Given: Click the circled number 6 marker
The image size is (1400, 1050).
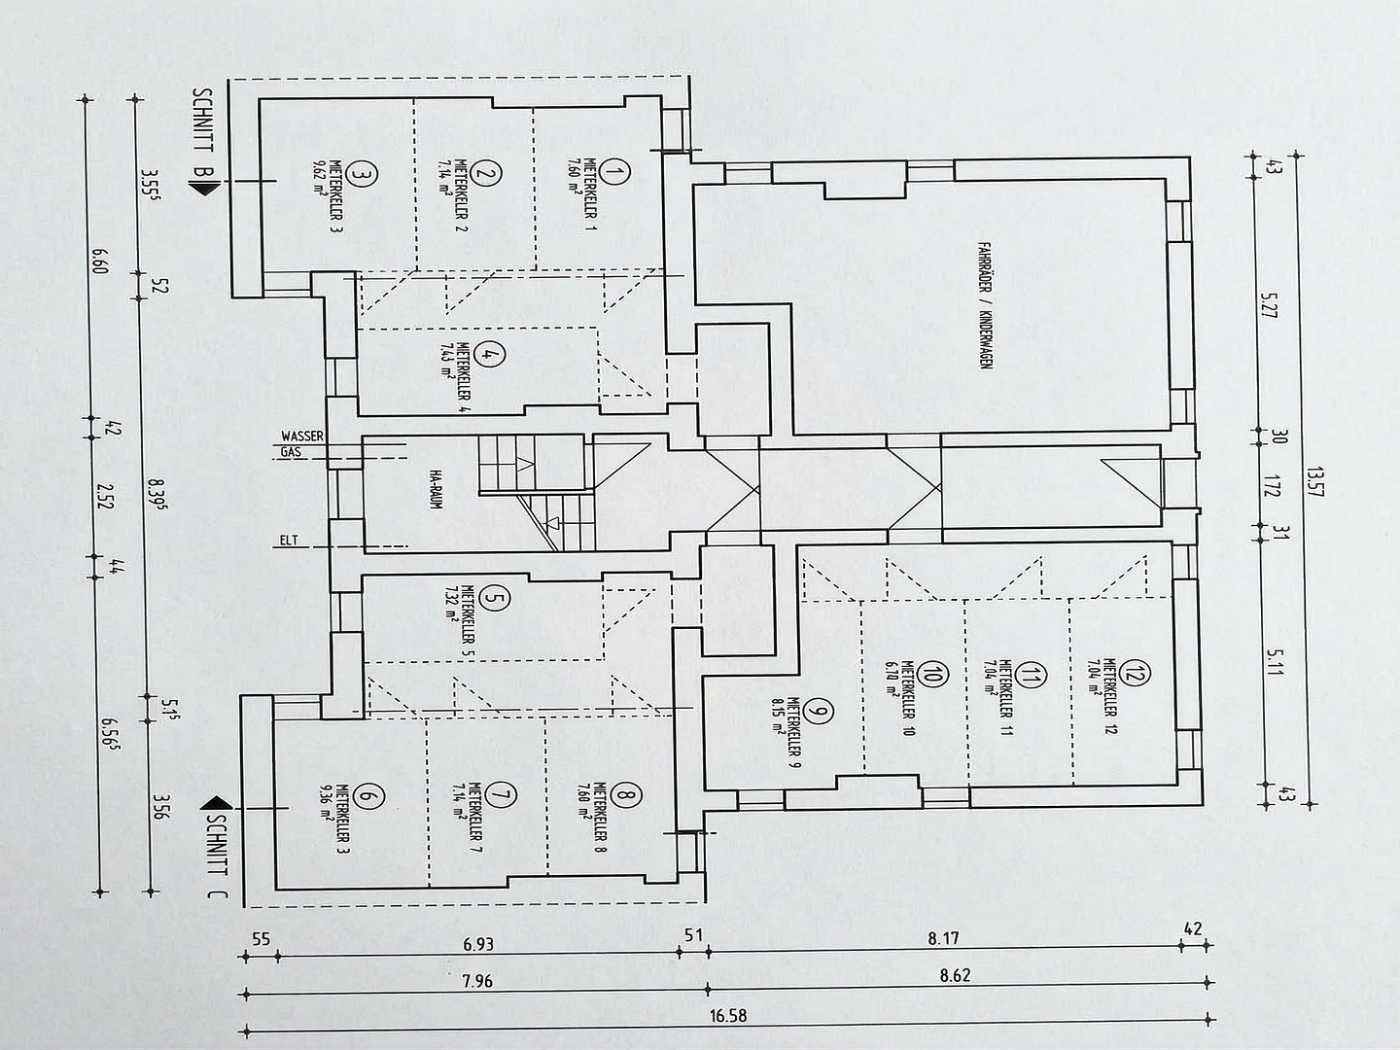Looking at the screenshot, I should pyautogui.click(x=367, y=798).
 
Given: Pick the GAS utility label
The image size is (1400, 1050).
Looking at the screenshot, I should pyautogui.click(x=291, y=452).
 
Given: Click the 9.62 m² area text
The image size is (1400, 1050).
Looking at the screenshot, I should pyautogui.click(x=320, y=179).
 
